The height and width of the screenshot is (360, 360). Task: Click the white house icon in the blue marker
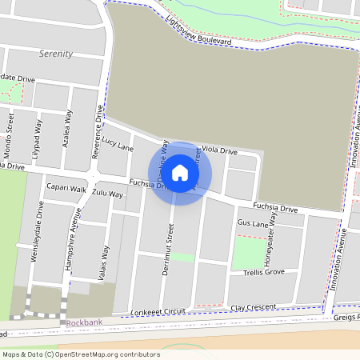180,173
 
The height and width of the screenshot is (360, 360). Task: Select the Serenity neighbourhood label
55,54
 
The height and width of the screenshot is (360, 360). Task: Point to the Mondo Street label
11,127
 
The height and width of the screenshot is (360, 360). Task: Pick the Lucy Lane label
118,143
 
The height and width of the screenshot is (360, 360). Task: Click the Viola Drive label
219,150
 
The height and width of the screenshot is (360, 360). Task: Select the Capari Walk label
66,189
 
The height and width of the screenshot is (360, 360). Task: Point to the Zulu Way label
108,194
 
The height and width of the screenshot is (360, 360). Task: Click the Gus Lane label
253,223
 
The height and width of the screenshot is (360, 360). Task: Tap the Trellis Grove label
264,272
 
